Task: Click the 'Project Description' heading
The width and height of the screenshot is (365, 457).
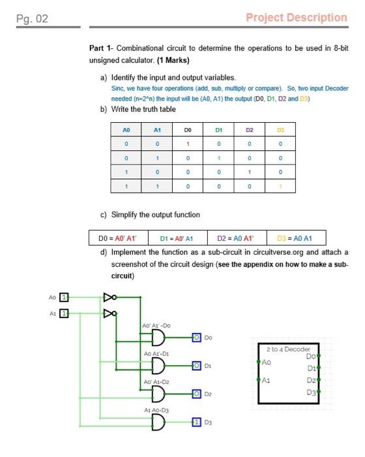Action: pyautogui.click(x=297, y=18)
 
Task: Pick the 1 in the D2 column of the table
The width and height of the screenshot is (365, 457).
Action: pyautogui.click(x=249, y=172)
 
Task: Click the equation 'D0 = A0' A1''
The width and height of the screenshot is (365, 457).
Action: pyautogui.click(x=119, y=237)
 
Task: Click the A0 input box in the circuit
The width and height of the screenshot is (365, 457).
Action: pyautogui.click(x=63, y=298)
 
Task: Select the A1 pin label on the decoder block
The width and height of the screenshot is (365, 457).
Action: pyautogui.click(x=266, y=381)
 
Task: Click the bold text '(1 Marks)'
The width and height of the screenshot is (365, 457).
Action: pyautogui.click(x=172, y=61)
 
